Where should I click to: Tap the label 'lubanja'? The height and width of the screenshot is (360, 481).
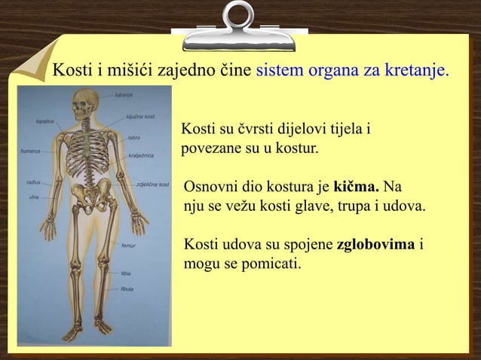[x=124, y=95]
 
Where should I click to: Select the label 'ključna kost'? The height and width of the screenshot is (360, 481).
[x=140, y=117]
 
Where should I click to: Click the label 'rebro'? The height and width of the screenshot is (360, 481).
[x=133, y=137]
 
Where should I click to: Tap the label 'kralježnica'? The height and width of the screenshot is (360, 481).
[x=142, y=156]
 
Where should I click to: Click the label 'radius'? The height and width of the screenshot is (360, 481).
[x=34, y=182]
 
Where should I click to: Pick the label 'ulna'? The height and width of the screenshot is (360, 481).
[x=33, y=197]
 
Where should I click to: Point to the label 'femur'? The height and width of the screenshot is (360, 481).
[x=129, y=245]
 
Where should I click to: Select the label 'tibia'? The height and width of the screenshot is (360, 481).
[x=126, y=273]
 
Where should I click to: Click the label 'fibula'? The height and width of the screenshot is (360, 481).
[x=127, y=288]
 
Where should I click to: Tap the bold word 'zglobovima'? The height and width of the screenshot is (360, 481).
[x=377, y=246]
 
